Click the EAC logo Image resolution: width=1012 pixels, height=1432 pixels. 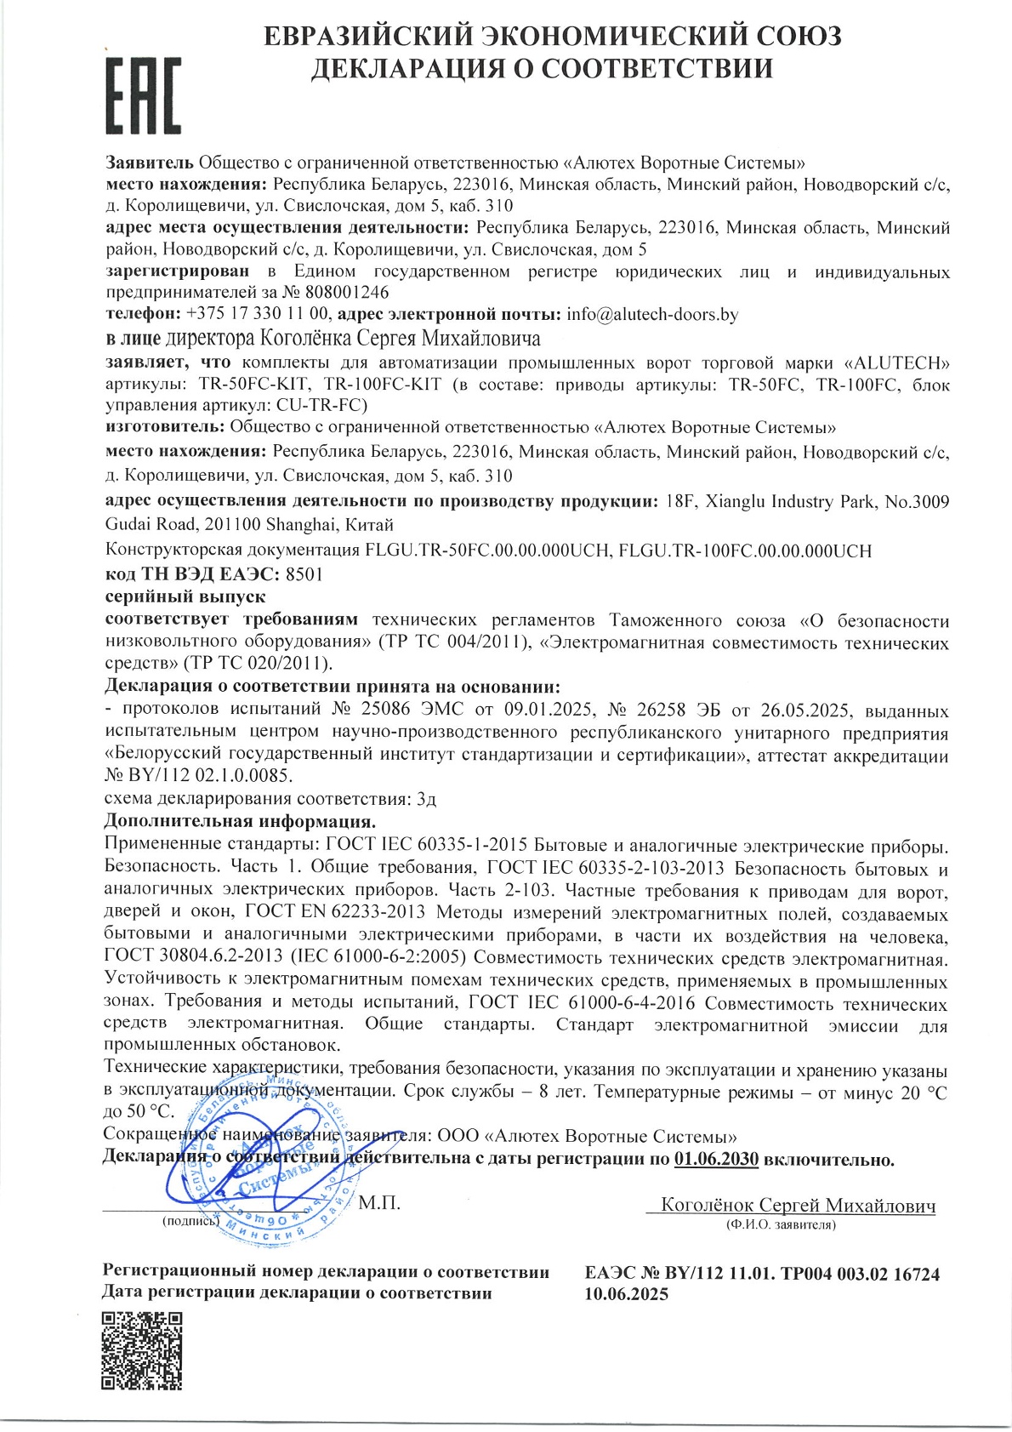pos(143,95)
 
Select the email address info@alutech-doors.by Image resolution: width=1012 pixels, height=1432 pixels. pos(652,315)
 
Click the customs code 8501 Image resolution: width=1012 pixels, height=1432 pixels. pos(304,574)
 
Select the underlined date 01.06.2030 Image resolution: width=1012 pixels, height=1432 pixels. pos(716,1159)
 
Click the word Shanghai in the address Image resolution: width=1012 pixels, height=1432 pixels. pos(298,525)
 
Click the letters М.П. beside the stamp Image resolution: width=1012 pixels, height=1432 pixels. pos(379,1203)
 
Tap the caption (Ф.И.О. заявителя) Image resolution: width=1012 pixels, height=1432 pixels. pos(780,1225)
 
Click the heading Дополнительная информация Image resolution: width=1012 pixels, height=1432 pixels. pos(240,822)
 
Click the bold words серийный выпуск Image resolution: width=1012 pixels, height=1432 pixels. pos(185,597)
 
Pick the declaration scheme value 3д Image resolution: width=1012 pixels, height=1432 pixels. pos(426,799)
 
